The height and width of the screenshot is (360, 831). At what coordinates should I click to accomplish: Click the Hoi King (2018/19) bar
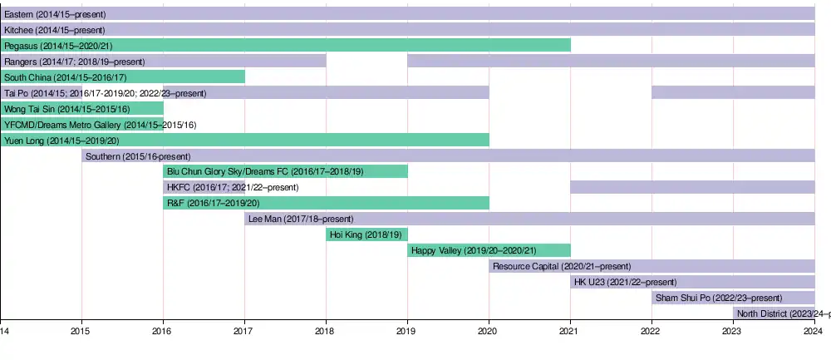point(366,234)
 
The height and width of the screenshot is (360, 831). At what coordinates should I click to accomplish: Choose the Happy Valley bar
point(489,250)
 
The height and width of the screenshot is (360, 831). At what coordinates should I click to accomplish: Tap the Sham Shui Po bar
point(733,298)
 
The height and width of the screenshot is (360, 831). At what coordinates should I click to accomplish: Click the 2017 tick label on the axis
point(243,331)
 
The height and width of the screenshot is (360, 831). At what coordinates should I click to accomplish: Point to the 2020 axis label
point(488,331)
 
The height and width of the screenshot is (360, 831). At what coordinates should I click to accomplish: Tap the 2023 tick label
point(732,331)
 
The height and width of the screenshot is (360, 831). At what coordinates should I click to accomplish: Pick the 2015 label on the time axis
point(81,331)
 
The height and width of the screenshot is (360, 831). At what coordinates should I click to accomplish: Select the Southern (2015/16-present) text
point(138,155)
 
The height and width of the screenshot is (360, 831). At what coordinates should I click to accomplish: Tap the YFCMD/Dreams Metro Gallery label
point(100,125)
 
